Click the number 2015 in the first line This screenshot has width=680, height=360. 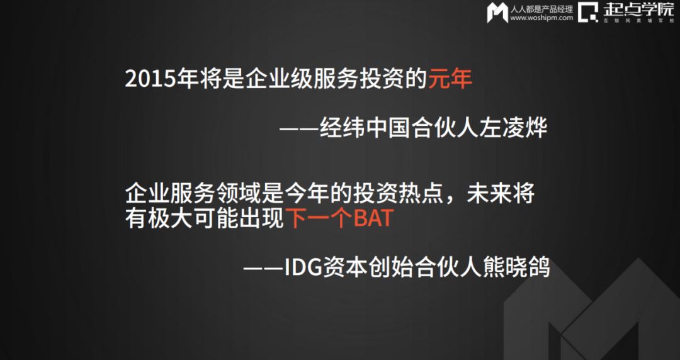[151, 79]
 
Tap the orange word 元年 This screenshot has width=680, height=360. [450, 79]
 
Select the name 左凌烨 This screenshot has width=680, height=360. [513, 128]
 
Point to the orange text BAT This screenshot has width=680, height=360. [373, 218]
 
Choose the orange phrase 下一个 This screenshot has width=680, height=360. [319, 218]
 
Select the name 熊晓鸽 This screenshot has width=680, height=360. [516, 267]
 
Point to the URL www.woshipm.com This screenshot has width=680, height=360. [541, 18]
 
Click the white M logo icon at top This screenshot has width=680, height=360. [497, 13]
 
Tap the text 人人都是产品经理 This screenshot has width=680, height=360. [541, 9]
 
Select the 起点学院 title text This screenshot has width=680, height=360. [638, 9]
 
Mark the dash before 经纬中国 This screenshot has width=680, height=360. [298, 129]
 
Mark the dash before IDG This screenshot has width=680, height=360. [263, 268]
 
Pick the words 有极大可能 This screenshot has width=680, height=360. [181, 218]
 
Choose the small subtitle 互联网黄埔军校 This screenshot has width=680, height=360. [639, 20]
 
